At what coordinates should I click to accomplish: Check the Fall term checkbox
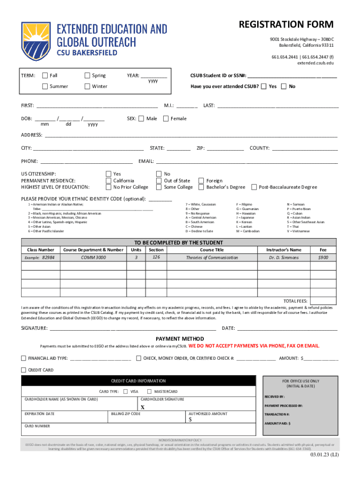point(45,76)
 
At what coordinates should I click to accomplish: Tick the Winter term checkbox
point(87,86)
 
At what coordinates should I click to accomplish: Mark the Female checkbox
point(166,119)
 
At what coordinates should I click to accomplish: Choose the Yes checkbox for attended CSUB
point(264,86)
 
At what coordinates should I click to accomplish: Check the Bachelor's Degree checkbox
point(202,187)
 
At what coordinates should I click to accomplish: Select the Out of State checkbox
point(159,181)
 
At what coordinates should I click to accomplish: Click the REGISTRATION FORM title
point(286,25)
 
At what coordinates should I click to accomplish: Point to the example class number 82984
point(48,258)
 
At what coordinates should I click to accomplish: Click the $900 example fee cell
point(323,258)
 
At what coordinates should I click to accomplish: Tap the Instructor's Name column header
point(284,250)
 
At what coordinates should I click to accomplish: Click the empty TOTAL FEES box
point(323,300)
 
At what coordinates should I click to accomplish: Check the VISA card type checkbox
point(126,391)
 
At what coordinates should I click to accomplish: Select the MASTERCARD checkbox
point(150,391)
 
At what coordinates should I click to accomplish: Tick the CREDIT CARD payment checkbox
point(24,370)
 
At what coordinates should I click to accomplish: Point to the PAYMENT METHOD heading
point(180,339)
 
